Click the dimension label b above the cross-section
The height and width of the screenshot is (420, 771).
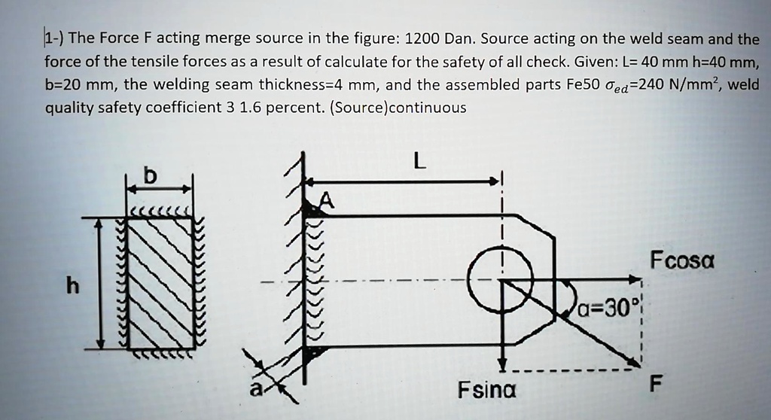pyautogui.click(x=151, y=176)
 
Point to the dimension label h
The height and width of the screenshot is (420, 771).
pyautogui.click(x=72, y=286)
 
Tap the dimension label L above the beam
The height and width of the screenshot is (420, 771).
pyautogui.click(x=419, y=160)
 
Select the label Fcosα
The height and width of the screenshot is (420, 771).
pyautogui.click(x=682, y=263)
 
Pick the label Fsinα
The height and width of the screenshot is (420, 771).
pyautogui.click(x=487, y=391)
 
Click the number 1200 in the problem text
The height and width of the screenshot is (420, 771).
pyautogui.click(x=425, y=38)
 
